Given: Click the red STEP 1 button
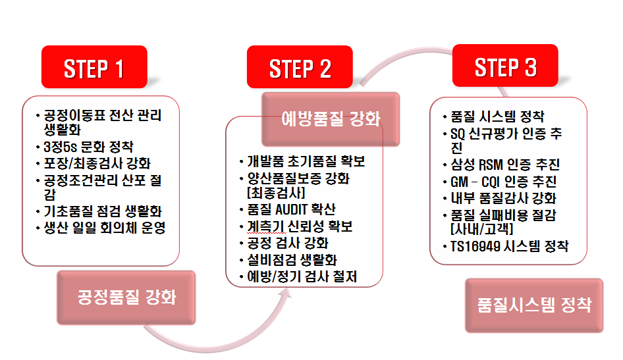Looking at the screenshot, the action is point(94,66).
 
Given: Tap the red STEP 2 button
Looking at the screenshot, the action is point(300,66).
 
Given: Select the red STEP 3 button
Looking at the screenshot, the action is point(505,66).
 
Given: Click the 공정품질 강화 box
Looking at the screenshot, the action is point(126,297).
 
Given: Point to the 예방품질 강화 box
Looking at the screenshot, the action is point(331,119).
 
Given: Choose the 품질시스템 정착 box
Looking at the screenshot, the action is point(534,305).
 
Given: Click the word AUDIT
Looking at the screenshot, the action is point(291,209).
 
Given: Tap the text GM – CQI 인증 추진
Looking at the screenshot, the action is point(503,182).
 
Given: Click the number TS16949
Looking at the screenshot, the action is point(475,247).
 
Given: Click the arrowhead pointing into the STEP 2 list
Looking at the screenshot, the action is point(285,294).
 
